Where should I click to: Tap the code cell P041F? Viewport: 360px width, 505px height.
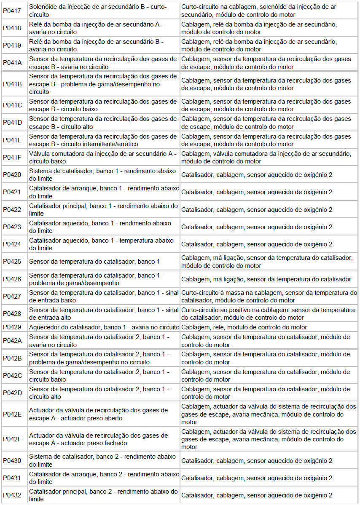pos(12,157)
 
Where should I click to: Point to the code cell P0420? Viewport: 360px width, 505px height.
pos(12,174)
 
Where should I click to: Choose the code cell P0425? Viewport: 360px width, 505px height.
pos(12,262)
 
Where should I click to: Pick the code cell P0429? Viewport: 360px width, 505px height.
pos(12,327)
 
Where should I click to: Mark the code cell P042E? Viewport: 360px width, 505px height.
pos(12,414)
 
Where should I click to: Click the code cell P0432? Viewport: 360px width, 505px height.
pos(12,495)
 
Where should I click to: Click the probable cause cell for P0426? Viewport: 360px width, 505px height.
pos(269,279)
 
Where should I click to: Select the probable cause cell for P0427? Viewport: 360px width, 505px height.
pos(269,297)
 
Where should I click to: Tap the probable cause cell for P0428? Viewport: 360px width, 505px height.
pos(269,314)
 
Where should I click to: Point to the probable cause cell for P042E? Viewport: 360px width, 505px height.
pos(269,414)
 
